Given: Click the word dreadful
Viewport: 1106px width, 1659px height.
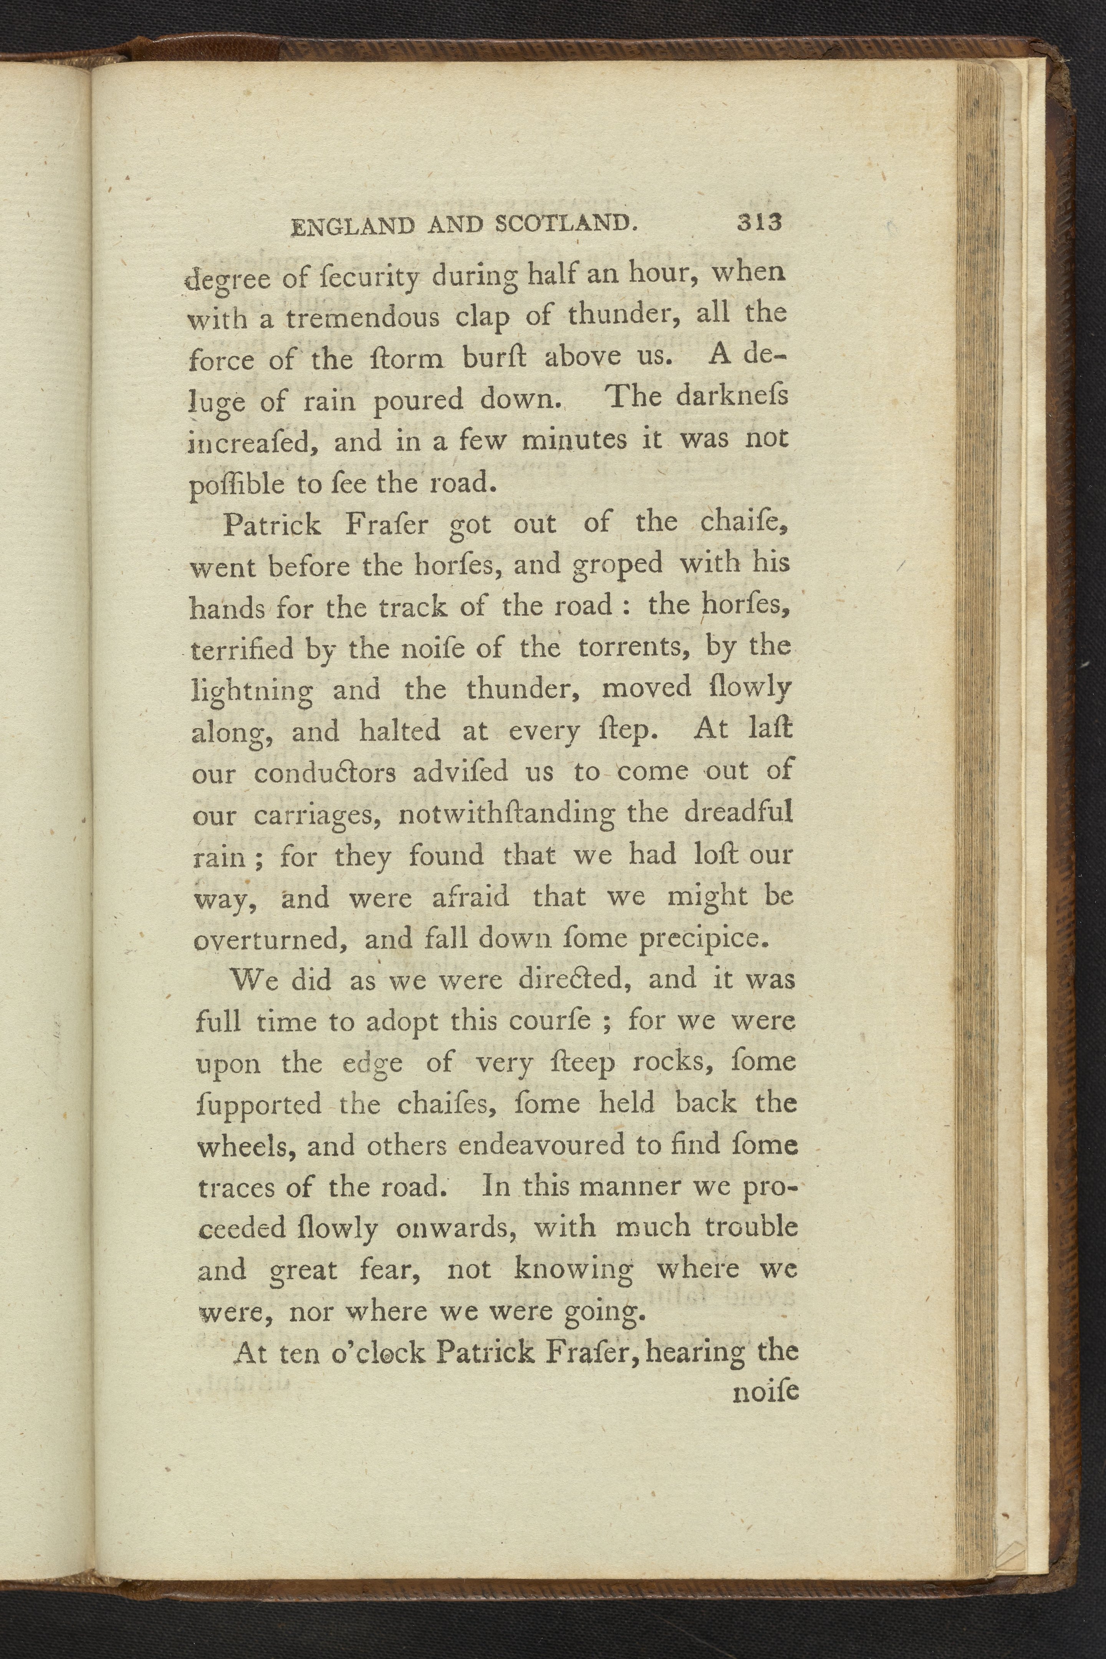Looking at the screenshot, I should pyautogui.click(x=738, y=812).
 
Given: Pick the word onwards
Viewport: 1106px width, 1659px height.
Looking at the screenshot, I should pyautogui.click(x=459, y=1228).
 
